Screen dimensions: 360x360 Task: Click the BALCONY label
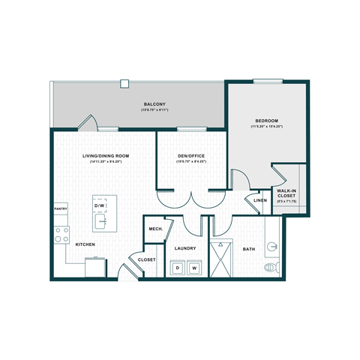click(155, 104)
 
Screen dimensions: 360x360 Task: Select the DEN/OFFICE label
click(191, 156)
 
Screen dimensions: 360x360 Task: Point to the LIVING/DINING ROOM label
click(106, 155)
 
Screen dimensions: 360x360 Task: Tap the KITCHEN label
click(85, 244)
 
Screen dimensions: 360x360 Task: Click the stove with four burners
click(61, 235)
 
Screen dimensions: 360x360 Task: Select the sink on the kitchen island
click(100, 222)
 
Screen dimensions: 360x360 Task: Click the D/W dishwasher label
click(100, 205)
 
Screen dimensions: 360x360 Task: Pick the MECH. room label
click(155, 229)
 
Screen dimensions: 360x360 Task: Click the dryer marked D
click(177, 266)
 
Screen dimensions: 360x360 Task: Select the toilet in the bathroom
click(271, 266)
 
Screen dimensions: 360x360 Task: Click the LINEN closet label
click(259, 200)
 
